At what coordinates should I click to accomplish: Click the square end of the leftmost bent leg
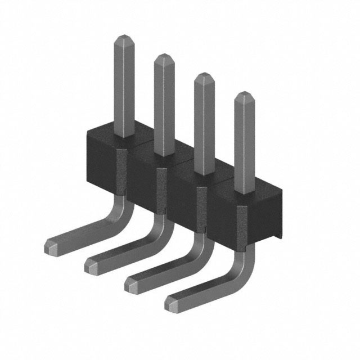[49, 245]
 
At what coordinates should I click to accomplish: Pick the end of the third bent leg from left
[130, 285]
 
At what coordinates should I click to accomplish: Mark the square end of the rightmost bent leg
[172, 304]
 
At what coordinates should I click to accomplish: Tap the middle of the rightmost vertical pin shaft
[244, 143]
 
